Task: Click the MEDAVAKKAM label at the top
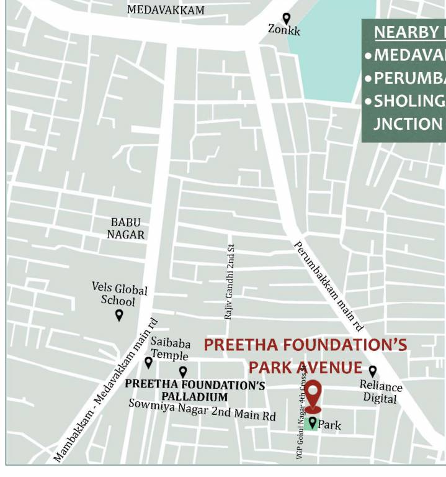(166, 10)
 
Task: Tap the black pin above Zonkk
(286, 19)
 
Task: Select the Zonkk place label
(284, 29)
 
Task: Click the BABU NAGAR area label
(126, 229)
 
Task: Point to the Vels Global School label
(119, 295)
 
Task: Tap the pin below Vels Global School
(119, 315)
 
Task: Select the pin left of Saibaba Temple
(148, 362)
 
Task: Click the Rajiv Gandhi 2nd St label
(229, 282)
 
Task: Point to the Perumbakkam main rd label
(328, 286)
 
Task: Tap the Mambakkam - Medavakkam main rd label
(106, 391)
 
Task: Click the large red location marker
(313, 396)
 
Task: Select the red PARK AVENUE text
(305, 367)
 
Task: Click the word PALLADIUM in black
(195, 397)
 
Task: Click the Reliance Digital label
(380, 392)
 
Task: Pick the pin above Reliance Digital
(372, 371)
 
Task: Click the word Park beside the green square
(329, 426)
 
